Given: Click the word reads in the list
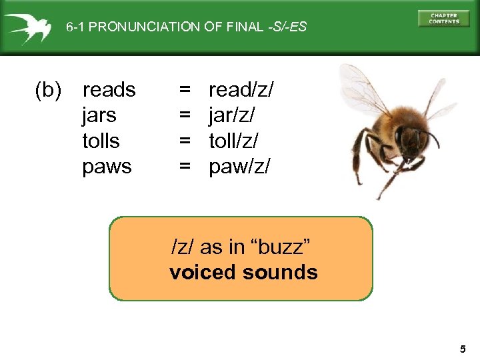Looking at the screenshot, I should (109, 90).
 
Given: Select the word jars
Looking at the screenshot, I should (99, 115).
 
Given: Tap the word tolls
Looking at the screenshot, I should (101, 141).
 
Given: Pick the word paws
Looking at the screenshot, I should (107, 167).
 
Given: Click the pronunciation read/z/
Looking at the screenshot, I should (241, 90).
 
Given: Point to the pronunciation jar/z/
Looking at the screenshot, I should (231, 115).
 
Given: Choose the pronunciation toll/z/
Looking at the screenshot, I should (233, 141).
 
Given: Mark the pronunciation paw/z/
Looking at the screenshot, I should (239, 167).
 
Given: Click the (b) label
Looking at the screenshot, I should (48, 90).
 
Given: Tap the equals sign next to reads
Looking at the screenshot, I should (185, 90).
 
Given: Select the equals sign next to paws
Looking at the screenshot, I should (185, 167).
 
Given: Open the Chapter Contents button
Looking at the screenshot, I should (443, 19).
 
